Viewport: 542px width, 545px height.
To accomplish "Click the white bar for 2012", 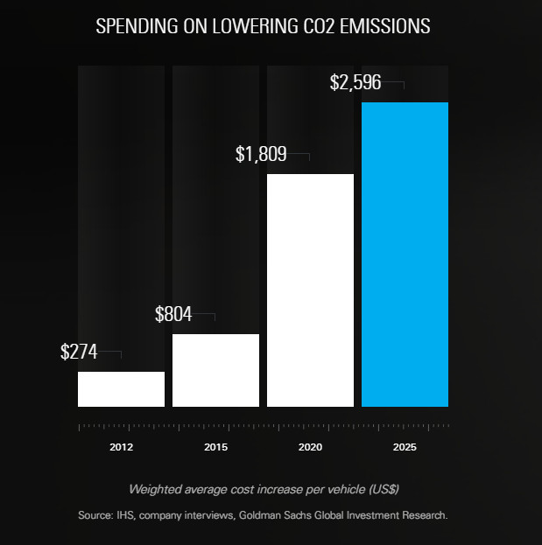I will click(121, 389).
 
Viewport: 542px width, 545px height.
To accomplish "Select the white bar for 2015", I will click(215, 370).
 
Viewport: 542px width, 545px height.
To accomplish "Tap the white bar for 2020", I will click(310, 290).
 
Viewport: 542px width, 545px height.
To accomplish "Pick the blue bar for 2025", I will click(405, 255).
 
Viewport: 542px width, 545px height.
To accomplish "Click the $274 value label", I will click(79, 352).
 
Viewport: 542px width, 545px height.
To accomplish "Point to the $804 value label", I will click(173, 315).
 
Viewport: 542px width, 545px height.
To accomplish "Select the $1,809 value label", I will click(263, 155).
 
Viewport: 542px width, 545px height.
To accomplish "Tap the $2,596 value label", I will click(357, 83).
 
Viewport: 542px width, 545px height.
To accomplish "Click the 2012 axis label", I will click(122, 447).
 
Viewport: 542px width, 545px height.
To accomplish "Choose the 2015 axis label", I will click(216, 447).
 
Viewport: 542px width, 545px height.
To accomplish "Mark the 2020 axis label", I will click(310, 447).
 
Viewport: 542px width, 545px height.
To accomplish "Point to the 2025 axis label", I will click(405, 447).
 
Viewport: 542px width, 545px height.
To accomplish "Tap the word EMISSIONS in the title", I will click(386, 26).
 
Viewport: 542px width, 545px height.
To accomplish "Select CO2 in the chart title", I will click(318, 26).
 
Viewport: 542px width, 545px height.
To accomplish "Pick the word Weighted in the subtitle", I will click(155, 488).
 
